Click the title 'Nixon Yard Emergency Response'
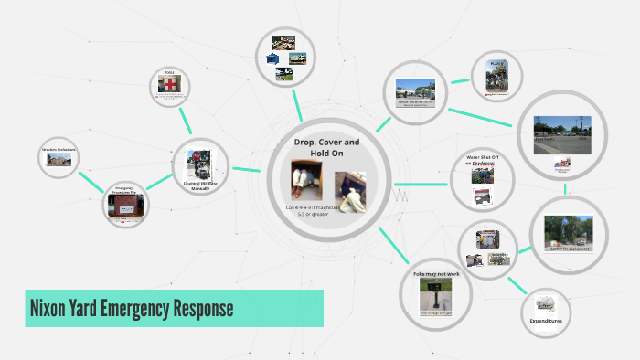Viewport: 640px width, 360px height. (x=132, y=309)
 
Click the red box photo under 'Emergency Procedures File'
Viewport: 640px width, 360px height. (x=125, y=206)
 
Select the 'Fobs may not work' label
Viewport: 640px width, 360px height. (x=433, y=273)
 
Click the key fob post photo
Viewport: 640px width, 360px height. (x=437, y=295)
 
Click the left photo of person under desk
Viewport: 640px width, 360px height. (x=304, y=178)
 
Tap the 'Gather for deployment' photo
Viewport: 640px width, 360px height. (x=569, y=231)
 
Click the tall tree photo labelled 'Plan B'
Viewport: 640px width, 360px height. (x=496, y=76)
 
